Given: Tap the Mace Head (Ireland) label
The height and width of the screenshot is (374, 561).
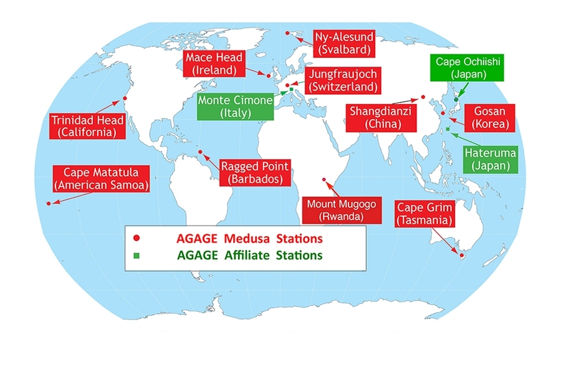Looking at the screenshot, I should point(213,64).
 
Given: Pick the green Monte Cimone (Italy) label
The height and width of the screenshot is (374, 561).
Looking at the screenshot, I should point(235,107).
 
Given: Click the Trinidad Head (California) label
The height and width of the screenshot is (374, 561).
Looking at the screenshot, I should point(84,126).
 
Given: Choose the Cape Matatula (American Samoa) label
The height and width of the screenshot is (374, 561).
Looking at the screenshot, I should point(101,178).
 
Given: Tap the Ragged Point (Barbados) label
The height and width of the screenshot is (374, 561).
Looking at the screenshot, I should point(254,173).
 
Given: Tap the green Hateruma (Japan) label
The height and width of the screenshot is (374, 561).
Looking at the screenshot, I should point(490,160).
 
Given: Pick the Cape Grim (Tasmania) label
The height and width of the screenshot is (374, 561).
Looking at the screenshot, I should point(424,213).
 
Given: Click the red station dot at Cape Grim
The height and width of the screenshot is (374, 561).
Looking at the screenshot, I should point(461,255).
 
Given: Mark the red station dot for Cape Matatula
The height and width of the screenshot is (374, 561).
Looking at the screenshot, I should point(49,203).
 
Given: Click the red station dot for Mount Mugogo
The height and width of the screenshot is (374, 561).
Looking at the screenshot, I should point(324,180).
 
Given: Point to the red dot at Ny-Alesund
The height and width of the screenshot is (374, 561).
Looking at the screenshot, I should point(287,33).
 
